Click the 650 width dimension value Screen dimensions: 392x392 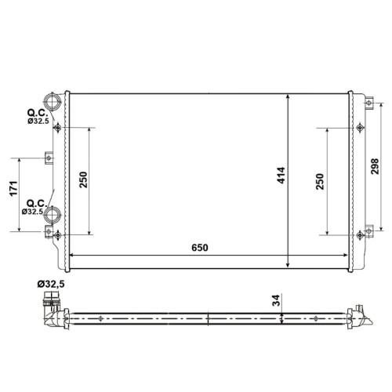(x=200, y=248)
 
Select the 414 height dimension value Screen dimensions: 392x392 (x=281, y=175)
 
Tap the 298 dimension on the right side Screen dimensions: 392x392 (x=375, y=166)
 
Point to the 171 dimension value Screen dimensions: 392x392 (x=13, y=188)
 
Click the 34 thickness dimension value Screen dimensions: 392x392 (x=276, y=300)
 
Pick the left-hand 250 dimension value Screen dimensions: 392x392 (x=83, y=180)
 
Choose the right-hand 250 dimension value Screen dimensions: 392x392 (x=320, y=181)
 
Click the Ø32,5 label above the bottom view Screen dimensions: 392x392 (x=51, y=284)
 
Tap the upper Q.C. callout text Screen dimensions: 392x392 (x=38, y=113)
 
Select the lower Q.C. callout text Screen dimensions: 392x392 (x=37, y=203)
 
